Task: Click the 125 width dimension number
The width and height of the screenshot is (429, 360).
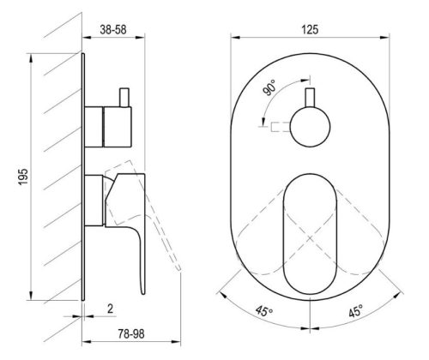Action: point(310,30)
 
